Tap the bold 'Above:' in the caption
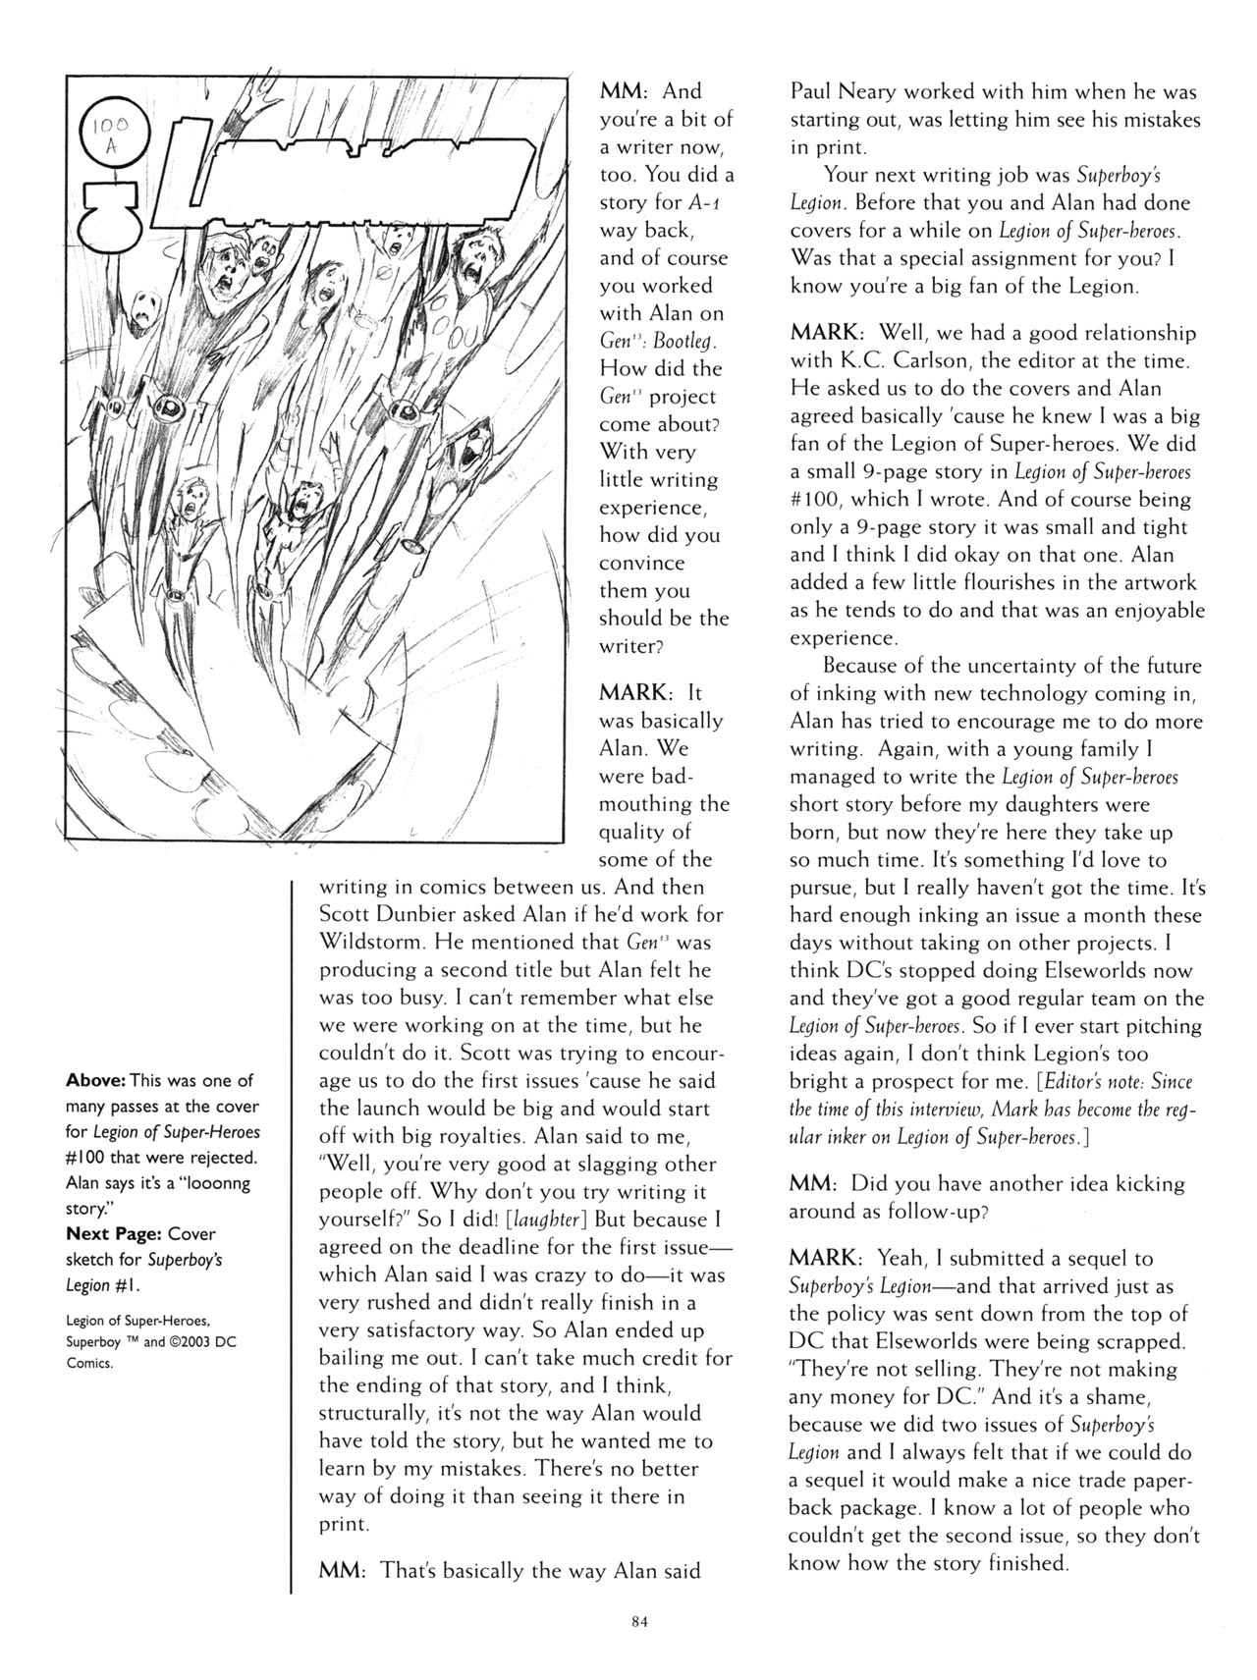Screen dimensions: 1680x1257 [x=95, y=1080]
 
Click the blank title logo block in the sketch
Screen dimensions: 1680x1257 [x=373, y=176]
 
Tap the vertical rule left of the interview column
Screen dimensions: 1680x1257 [x=293, y=1237]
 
